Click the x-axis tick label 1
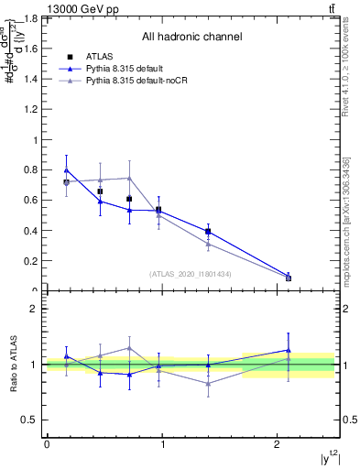[162, 445]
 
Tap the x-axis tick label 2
[278, 445]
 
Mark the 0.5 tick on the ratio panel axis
[31, 420]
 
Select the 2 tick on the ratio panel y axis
[36, 310]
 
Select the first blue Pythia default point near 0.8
[66, 169]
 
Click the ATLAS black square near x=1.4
[208, 232]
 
